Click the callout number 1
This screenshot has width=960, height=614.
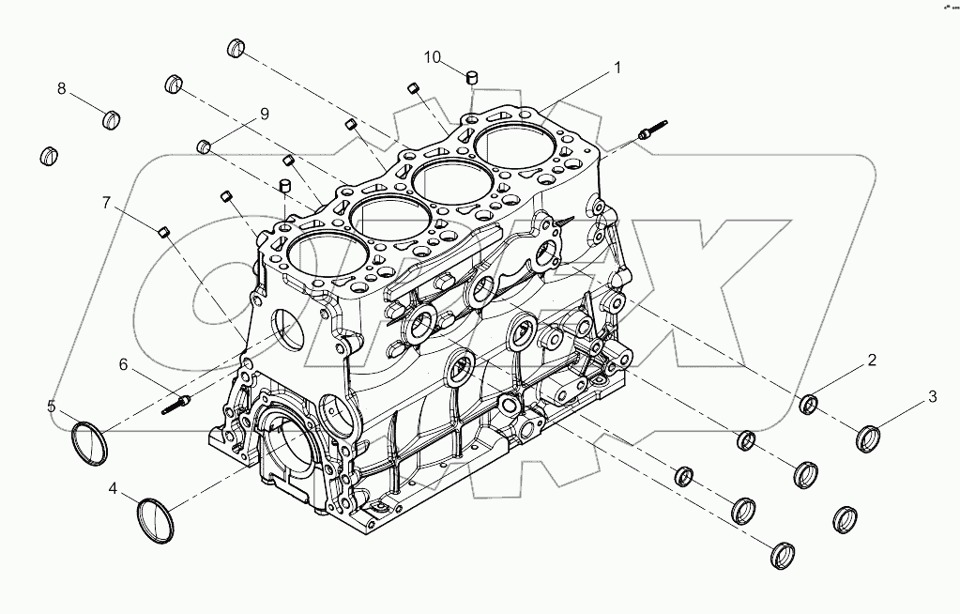(617, 68)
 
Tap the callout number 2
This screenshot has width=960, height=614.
(872, 360)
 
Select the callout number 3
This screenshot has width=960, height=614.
(932, 396)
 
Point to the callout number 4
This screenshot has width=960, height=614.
(113, 488)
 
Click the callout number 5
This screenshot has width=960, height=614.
(52, 407)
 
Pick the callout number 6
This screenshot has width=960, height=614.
(122, 364)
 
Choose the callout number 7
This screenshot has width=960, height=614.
(107, 202)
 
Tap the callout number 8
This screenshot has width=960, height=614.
(62, 89)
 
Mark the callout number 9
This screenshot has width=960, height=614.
(264, 114)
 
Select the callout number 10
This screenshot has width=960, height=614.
(432, 57)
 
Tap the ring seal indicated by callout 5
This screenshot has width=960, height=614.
(91, 443)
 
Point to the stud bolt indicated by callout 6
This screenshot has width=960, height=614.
(175, 405)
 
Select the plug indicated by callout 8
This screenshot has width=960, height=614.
(113, 119)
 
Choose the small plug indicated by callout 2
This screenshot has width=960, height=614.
(808, 406)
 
